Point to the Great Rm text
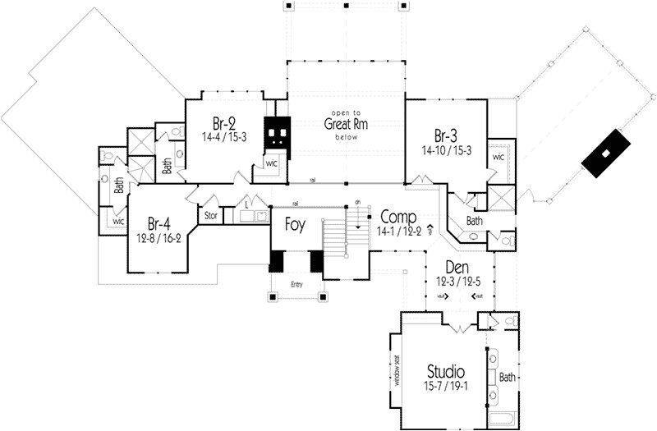(346, 125)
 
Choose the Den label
(457, 268)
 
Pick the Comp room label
(398, 218)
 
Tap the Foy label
(296, 224)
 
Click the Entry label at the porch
(296, 284)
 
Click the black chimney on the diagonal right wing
(605, 154)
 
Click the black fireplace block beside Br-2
(277, 134)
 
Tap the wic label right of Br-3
(498, 157)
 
